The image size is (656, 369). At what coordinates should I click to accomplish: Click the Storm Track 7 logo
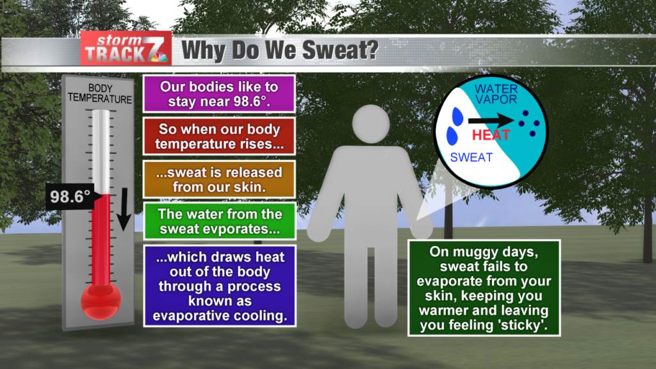pos(126,49)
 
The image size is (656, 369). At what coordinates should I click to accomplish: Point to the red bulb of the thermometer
pos(101,300)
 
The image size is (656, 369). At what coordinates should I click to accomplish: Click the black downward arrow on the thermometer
pos(124,211)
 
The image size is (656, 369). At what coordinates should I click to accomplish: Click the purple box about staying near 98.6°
pos(218,94)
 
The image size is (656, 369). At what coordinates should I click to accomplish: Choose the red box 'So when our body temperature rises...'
pos(218,135)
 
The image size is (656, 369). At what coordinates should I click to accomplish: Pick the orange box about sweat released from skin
pos(218,179)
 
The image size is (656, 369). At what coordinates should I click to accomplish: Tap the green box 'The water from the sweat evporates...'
pos(218,221)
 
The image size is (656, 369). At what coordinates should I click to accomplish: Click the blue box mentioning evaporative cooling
pos(220,285)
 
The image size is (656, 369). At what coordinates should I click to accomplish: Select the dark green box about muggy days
pos(484,288)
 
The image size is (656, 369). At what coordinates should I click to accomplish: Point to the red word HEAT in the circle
pos(491,135)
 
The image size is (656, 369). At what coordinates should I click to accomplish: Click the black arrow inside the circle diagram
pos(491,119)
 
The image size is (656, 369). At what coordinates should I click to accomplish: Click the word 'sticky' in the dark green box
pos(529,326)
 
